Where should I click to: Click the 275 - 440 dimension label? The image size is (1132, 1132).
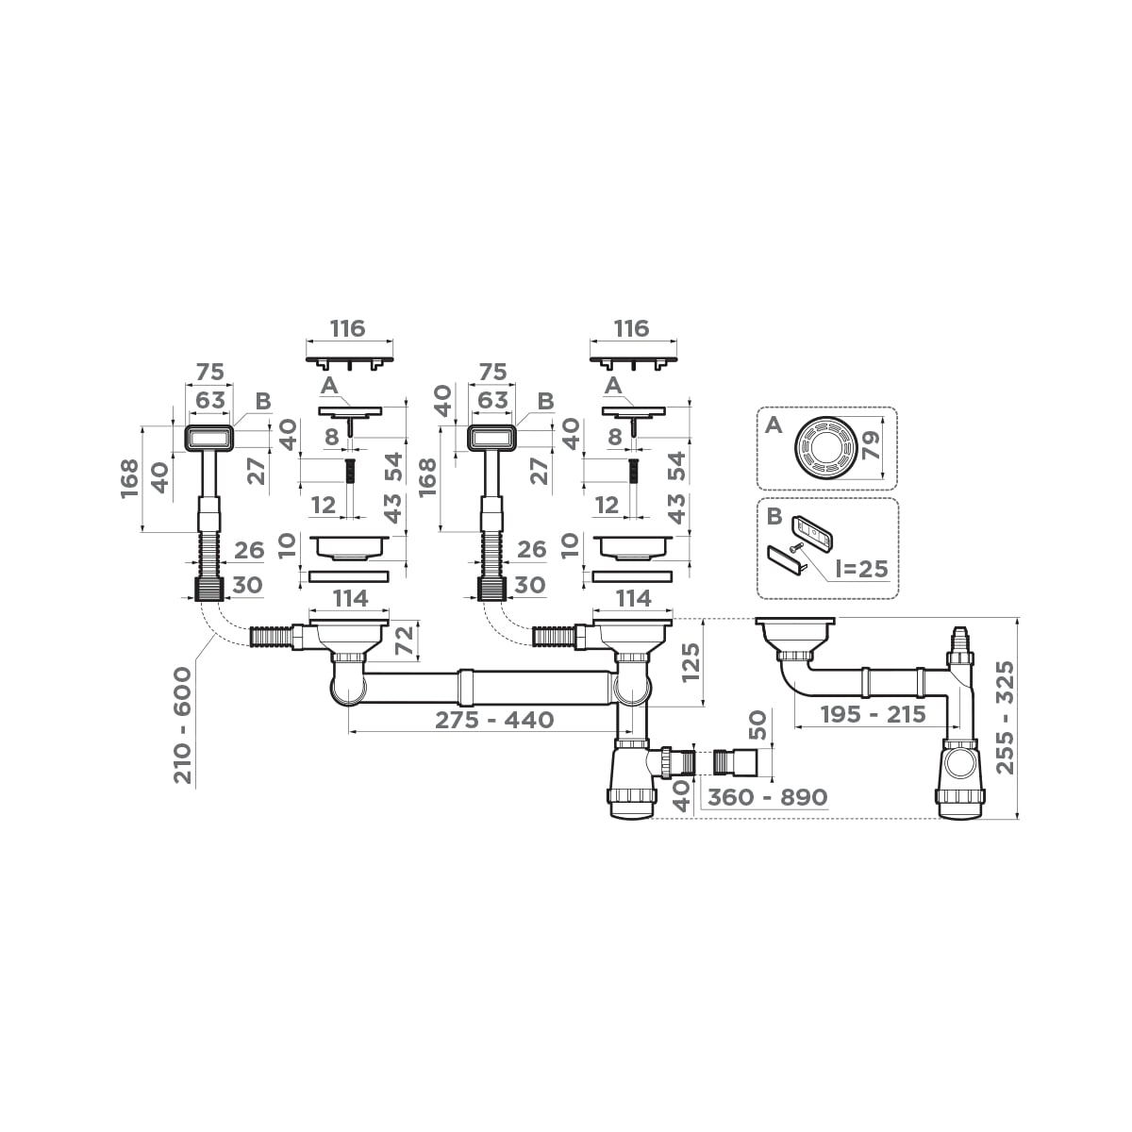point(494,720)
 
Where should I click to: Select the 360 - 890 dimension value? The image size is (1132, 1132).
point(767,797)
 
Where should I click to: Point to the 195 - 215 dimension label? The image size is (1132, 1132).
point(873,714)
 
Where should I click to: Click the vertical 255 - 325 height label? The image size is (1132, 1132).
point(1006,718)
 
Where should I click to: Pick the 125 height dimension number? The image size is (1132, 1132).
point(691,662)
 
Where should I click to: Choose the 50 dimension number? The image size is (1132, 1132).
point(757,725)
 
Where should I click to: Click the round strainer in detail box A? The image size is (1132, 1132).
point(824,447)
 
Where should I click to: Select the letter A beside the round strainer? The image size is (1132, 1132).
point(773,425)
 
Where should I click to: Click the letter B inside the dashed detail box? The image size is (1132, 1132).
point(773,517)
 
